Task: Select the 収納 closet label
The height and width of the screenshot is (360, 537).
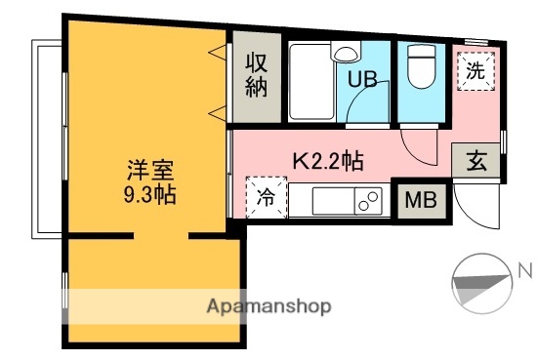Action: coord(256,74)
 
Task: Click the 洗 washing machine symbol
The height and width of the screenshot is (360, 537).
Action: coord(474,69)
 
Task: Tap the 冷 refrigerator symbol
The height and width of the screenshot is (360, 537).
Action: coord(265,197)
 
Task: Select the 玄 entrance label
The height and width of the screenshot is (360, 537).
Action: coord(475,161)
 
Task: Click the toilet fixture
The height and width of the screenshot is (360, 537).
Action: coord(421,65)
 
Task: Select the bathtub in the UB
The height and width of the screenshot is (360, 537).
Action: coord(310,82)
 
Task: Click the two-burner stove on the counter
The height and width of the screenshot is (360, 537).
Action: coord(368,202)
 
